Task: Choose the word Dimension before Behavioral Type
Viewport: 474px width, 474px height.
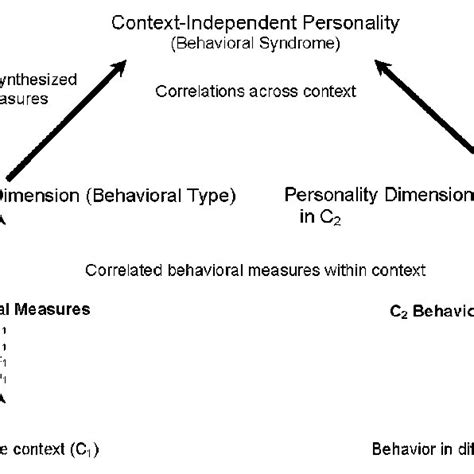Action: tap(36, 196)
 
